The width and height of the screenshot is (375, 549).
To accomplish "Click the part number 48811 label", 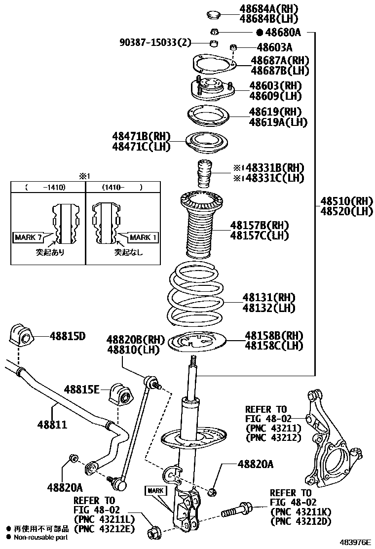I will click(53, 424).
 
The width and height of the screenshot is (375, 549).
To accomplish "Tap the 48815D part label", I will click(67, 336).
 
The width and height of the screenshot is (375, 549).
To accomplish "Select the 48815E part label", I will click(81, 390).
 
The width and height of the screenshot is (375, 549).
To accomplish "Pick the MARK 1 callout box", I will click(143, 237).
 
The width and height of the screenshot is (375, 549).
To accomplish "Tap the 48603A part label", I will click(274, 47).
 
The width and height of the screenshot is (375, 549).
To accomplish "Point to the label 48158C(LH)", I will click(274, 346).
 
